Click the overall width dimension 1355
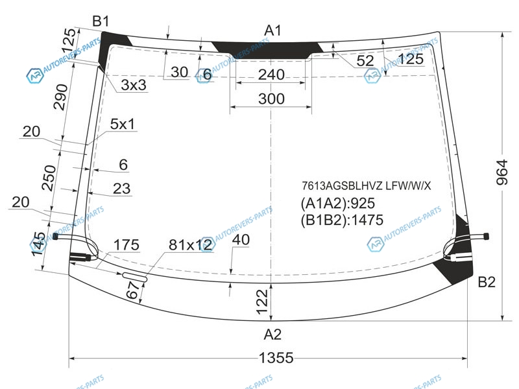[x=276, y=358]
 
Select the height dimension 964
[x=502, y=172]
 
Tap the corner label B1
[x=101, y=21]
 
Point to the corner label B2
[x=487, y=282]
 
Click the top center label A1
[x=272, y=30]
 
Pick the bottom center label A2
[x=272, y=335]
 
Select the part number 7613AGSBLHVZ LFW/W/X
[x=367, y=186]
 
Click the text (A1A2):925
[x=338, y=203]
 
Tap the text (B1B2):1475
[x=343, y=220]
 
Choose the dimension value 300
[x=271, y=99]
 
